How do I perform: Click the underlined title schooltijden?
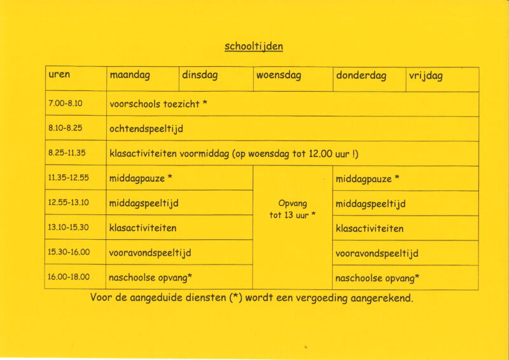(254, 46)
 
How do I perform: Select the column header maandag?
(130, 76)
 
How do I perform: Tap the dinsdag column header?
(200, 76)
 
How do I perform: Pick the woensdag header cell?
(279, 76)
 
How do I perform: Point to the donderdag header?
(361, 76)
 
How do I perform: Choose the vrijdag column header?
(426, 76)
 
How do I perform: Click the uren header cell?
(59, 75)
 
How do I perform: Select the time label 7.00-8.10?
(65, 103)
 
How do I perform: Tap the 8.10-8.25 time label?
(65, 128)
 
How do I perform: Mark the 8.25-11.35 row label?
(67, 153)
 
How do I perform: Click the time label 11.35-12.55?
(68, 177)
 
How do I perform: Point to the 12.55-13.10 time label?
(68, 202)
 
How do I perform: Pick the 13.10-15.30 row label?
(68, 227)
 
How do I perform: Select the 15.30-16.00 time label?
(68, 252)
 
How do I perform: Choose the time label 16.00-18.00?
(68, 277)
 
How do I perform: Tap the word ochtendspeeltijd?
(146, 128)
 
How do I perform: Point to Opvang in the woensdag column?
(293, 204)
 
